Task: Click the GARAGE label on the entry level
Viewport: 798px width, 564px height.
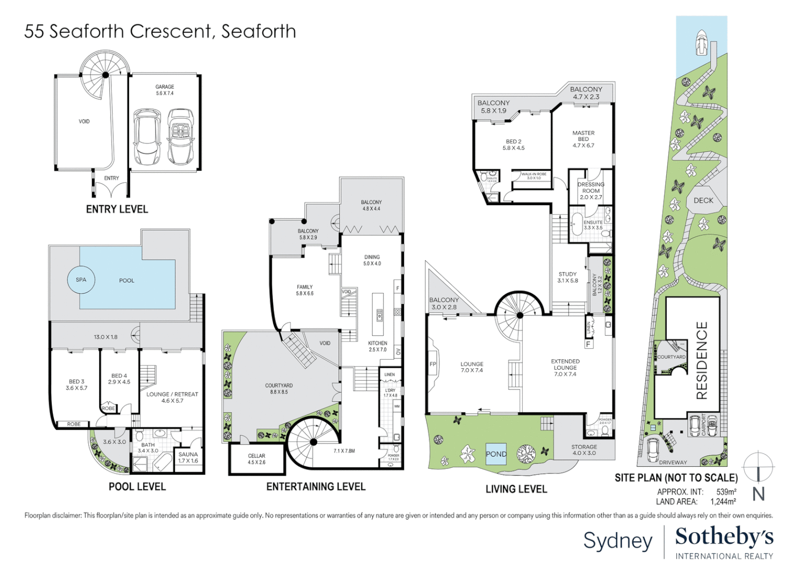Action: click(165, 87)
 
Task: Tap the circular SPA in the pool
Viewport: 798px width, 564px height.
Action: click(81, 280)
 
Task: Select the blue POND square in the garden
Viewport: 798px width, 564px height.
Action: click(495, 454)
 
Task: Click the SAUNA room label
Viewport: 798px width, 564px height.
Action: click(188, 455)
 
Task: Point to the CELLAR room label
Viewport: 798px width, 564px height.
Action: click(257, 456)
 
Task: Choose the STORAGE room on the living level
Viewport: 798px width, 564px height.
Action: click(584, 448)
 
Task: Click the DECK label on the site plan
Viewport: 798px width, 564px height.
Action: click(703, 201)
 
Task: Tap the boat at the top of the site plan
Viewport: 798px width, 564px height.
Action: click(701, 43)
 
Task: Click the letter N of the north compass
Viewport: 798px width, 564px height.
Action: click(758, 494)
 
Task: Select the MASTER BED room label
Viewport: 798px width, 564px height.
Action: click(583, 136)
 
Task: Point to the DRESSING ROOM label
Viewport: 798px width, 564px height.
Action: click(591, 187)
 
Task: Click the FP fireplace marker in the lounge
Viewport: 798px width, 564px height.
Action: click(433, 365)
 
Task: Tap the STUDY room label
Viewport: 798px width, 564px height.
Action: click(568, 274)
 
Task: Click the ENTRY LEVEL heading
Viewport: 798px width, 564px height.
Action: click(117, 209)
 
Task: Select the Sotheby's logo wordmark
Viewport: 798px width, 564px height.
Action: click(724, 537)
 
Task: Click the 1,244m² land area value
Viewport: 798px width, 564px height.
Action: click(723, 502)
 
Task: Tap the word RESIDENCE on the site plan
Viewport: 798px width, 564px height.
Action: click(702, 360)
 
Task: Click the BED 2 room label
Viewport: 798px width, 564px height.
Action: click(513, 142)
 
